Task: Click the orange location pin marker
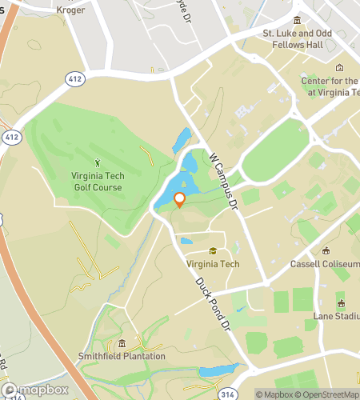click(179, 200)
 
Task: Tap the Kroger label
click(71, 10)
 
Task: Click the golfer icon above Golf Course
click(98, 163)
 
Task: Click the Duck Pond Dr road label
click(213, 305)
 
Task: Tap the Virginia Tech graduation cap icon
click(212, 251)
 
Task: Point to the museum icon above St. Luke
click(297, 21)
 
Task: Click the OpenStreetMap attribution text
click(326, 394)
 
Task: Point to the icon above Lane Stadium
click(340, 304)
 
